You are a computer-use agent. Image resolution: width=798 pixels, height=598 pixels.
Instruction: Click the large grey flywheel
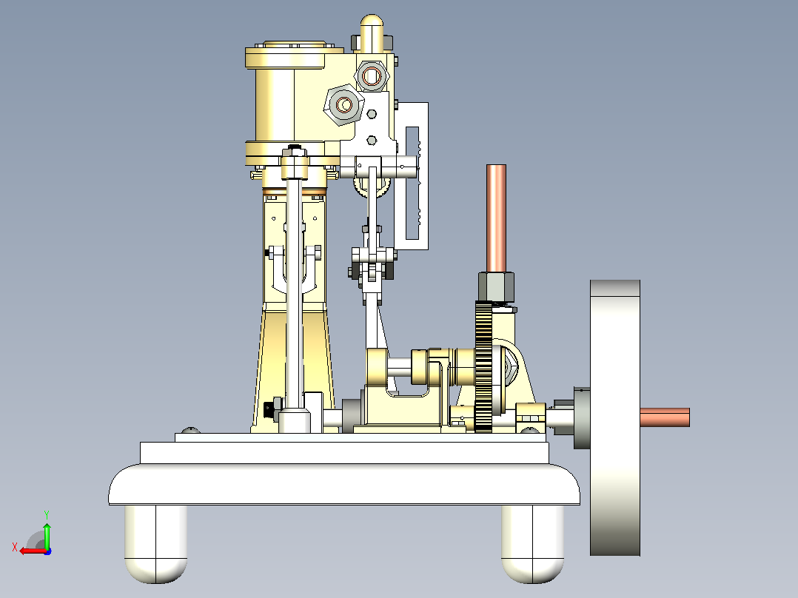click(x=614, y=417)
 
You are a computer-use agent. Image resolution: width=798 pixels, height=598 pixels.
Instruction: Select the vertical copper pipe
click(x=496, y=218)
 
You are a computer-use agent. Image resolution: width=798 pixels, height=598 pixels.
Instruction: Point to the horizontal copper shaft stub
click(x=665, y=417)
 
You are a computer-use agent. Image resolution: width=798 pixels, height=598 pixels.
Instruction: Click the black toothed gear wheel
click(x=483, y=366)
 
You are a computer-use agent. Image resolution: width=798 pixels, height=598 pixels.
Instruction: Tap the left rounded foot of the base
click(x=155, y=543)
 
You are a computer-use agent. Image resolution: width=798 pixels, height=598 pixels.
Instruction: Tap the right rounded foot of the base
click(x=532, y=543)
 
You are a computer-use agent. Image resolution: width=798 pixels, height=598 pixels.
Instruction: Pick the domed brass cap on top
click(x=372, y=33)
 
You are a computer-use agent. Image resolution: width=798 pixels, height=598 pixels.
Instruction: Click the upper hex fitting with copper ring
click(x=372, y=76)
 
